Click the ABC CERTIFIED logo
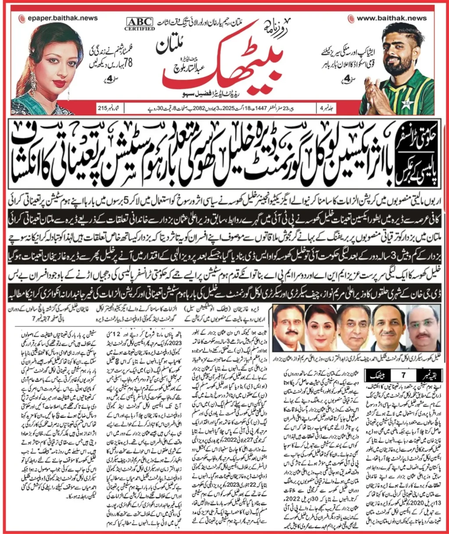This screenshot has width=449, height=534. (139, 24)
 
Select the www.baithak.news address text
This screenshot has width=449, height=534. (391, 18)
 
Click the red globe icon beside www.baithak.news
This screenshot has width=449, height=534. (351, 19)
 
